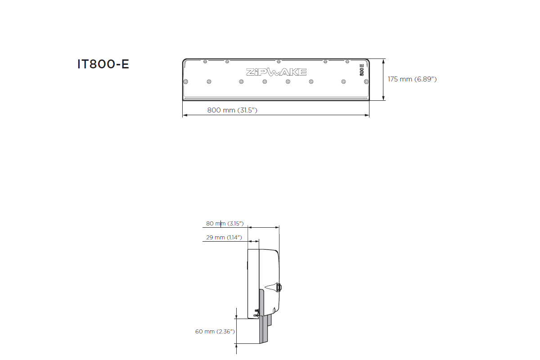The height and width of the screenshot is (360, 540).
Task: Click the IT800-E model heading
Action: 103,64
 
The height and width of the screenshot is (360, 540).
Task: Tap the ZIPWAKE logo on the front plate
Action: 276,72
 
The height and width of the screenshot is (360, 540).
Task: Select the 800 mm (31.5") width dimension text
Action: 232,110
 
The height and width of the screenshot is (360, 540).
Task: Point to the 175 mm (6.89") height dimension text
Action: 412,79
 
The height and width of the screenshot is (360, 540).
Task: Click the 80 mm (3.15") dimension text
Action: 225,224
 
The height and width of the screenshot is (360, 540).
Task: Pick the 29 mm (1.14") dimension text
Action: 224,237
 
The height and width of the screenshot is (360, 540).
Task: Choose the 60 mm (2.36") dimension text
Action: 215,332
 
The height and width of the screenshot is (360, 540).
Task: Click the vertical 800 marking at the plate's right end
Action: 361,71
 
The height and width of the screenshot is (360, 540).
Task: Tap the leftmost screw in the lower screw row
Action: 185,81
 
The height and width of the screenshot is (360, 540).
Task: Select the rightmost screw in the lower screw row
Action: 366,81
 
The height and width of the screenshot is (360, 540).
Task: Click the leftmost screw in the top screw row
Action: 205,61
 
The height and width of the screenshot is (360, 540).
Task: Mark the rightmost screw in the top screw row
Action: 347,61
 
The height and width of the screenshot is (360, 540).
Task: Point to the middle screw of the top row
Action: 279,61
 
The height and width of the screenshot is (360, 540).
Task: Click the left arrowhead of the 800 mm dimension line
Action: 184,116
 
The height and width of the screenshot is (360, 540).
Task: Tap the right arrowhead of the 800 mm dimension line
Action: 367,116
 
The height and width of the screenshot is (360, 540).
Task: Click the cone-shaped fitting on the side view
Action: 273,286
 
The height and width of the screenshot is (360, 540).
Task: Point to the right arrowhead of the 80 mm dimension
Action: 277,227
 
